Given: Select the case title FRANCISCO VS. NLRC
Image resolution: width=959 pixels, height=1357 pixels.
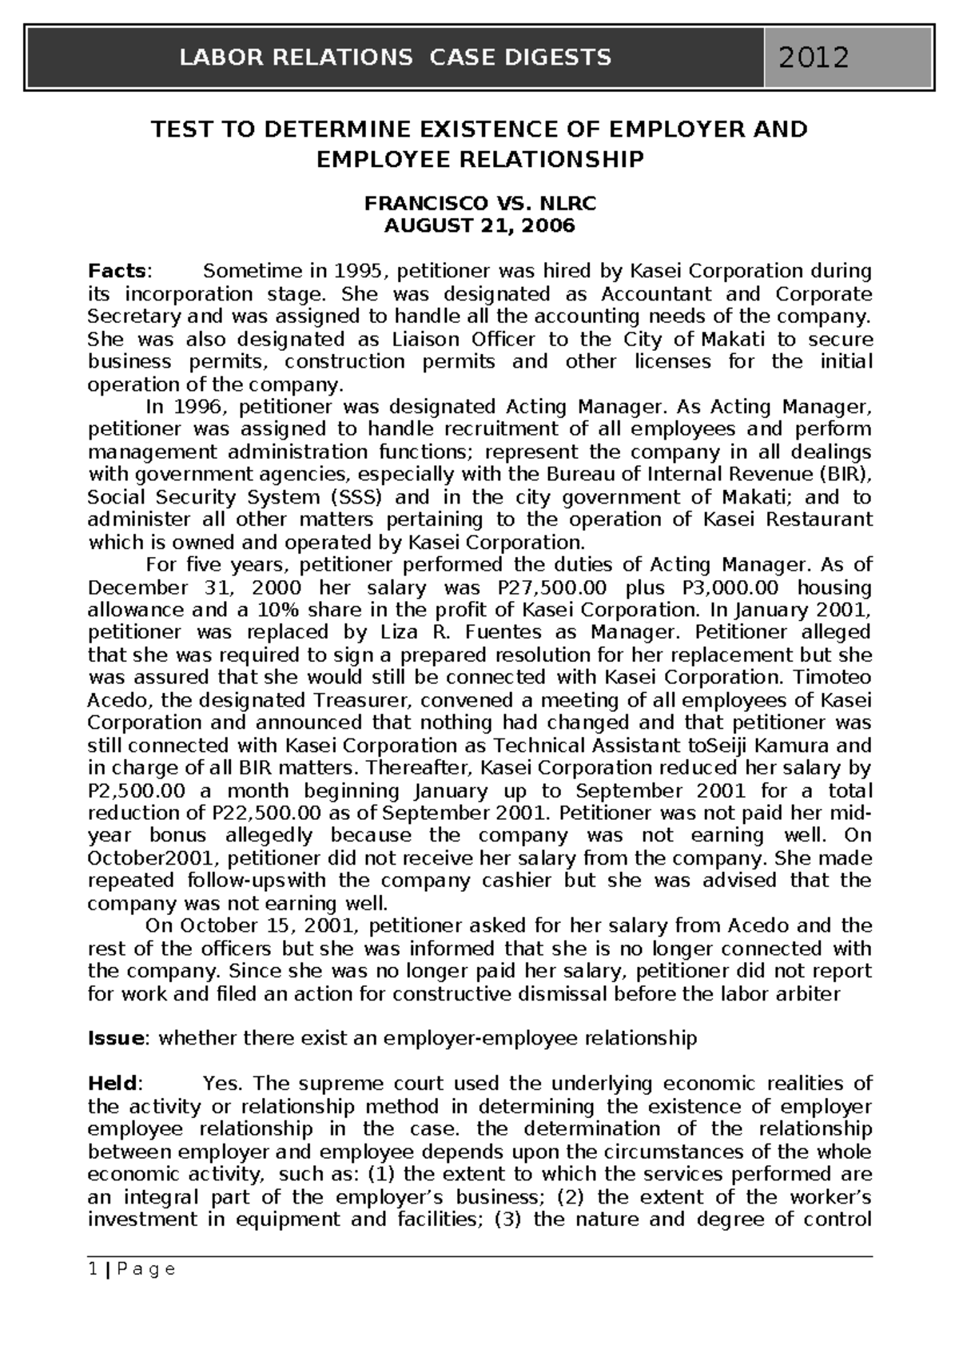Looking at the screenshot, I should point(479,203).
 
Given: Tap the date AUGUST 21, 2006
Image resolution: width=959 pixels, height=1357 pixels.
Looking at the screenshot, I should point(479,225).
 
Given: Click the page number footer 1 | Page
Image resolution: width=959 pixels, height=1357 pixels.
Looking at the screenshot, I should point(131,1269).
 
